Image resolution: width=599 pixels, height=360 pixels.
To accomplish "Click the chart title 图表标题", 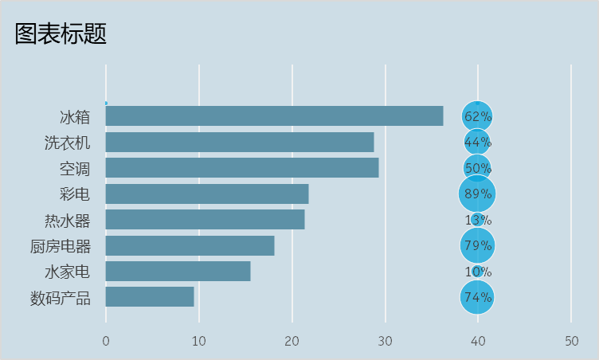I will pyautogui.click(x=61, y=33).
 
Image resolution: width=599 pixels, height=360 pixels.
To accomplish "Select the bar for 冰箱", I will pyautogui.click(x=274, y=116).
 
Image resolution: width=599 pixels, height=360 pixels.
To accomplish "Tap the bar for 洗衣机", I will pyautogui.click(x=239, y=143).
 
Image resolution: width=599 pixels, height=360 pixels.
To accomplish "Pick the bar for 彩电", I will pyautogui.click(x=206, y=194).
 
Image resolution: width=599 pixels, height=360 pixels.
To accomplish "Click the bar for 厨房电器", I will pyautogui.click(x=190, y=245).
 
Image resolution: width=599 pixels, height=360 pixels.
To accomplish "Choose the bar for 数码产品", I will pyautogui.click(x=150, y=297).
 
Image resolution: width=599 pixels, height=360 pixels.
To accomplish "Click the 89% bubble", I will pyautogui.click(x=477, y=194).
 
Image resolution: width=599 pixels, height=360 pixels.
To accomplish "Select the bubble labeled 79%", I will pyautogui.click(x=477, y=245).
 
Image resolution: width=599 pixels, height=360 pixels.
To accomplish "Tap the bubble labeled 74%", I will pyautogui.click(x=477, y=297).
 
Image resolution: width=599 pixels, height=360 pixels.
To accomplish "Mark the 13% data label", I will pyautogui.click(x=478, y=220).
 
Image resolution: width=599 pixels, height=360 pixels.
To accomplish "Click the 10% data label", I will pyautogui.click(x=478, y=272).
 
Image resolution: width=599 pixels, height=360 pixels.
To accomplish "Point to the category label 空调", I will pyautogui.click(x=75, y=169).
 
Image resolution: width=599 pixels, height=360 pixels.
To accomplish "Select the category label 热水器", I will pyautogui.click(x=68, y=221).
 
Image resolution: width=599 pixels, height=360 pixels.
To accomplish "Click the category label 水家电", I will pyautogui.click(x=68, y=272).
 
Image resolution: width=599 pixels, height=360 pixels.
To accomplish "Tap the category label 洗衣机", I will pyautogui.click(x=68, y=143).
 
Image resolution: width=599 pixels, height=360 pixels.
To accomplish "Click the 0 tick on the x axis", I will pyautogui.click(x=106, y=341).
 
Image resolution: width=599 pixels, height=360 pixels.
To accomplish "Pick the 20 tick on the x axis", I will pyautogui.click(x=292, y=341).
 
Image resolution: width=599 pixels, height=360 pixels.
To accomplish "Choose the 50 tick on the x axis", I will pyautogui.click(x=571, y=341).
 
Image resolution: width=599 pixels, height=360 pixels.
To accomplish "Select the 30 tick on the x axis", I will pyautogui.click(x=386, y=341).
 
